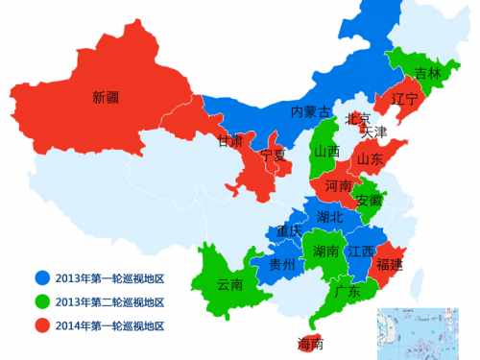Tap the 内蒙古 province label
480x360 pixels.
[x=310, y=112]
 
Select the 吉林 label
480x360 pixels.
[x=427, y=74]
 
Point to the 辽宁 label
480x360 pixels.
[x=405, y=99]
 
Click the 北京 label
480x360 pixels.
[x=357, y=118]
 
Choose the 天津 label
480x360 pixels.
[x=374, y=132]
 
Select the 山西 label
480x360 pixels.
[x=326, y=152]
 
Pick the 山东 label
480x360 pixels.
[x=371, y=159]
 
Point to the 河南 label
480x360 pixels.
[x=338, y=185]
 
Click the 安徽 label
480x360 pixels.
[x=369, y=201]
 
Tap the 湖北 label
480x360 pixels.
[x=329, y=217]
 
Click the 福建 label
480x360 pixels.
[x=390, y=263]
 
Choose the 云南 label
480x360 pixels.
[x=229, y=284]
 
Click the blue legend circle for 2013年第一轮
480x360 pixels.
[x=40, y=278]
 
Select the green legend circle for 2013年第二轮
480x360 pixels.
[x=40, y=301]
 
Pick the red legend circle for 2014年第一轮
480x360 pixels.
[x=40, y=325]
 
